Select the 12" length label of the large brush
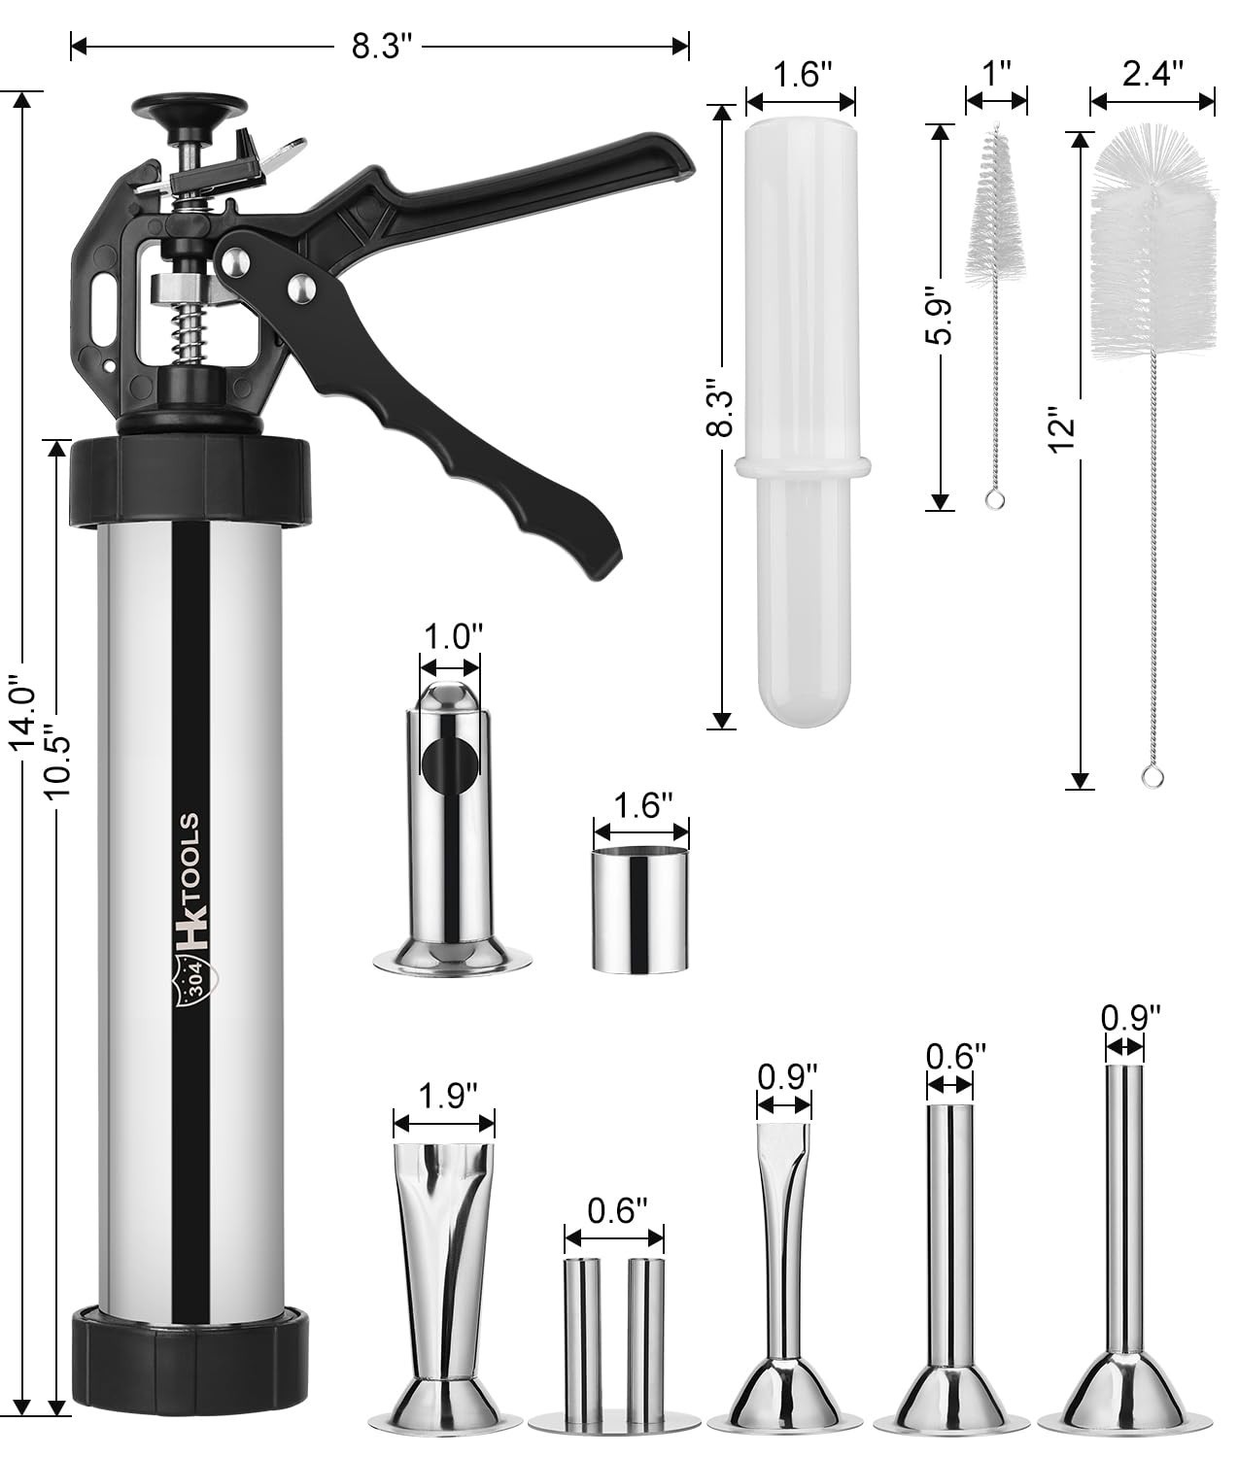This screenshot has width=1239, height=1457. [1065, 433]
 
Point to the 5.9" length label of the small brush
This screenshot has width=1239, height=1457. [941, 316]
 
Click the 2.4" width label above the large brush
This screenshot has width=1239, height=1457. [1152, 75]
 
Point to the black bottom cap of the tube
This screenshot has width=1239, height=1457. [193, 1351]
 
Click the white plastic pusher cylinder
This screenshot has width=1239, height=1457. [800, 408]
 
